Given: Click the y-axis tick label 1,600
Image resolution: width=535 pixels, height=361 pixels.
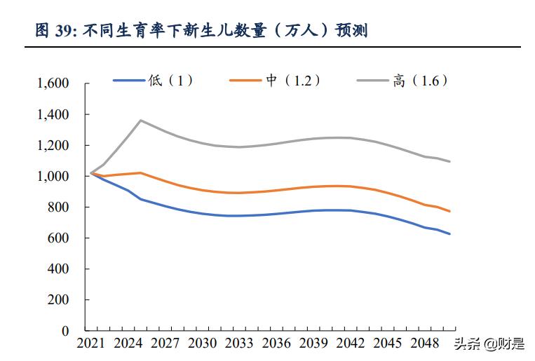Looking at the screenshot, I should (53, 83).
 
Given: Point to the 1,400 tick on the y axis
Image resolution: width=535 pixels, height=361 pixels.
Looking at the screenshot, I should (53, 114).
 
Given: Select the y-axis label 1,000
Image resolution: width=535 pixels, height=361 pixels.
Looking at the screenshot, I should (53, 177).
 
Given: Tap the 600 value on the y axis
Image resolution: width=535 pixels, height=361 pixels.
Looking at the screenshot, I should (59, 238).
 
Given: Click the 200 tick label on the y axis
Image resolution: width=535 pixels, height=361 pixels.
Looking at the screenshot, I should (59, 300).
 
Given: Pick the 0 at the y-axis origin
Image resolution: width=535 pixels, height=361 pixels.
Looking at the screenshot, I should (65, 331).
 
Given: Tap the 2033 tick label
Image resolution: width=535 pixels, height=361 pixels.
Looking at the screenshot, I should (238, 344).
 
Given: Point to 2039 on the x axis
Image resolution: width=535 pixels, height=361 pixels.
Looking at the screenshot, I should (313, 344).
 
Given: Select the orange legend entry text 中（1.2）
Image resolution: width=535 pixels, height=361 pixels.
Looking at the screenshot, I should (293, 81).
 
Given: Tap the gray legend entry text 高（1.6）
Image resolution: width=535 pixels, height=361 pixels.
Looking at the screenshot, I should (420, 81).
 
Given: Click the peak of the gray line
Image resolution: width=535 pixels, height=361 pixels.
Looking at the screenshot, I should (141, 120).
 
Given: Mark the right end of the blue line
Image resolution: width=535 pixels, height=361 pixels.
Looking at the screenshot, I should (449, 233).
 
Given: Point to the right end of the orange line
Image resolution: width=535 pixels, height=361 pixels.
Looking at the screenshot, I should (449, 211).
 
